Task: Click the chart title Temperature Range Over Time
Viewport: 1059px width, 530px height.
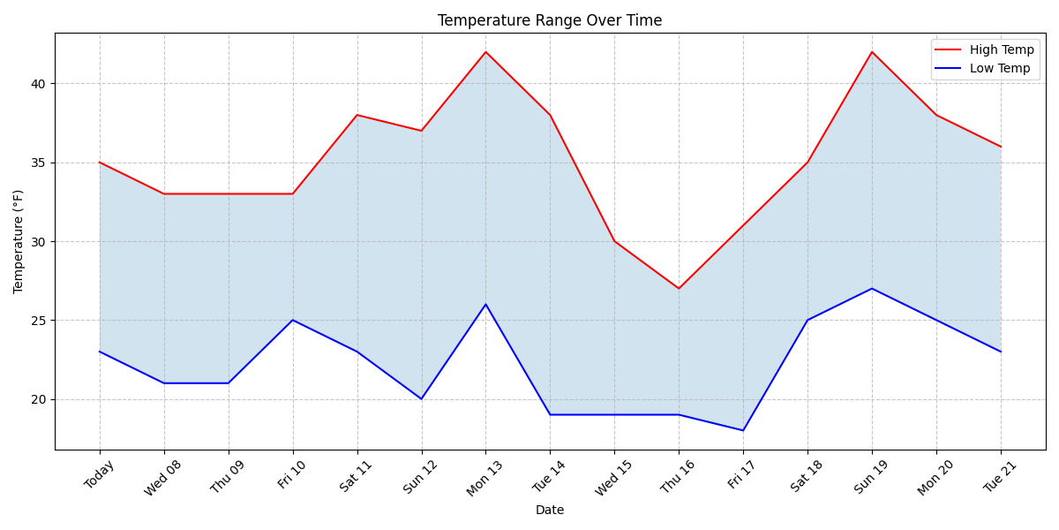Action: (x=549, y=20)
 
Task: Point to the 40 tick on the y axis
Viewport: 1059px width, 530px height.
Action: (x=39, y=84)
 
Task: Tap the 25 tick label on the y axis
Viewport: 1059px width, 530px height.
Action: (x=39, y=321)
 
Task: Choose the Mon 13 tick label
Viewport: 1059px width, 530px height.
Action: (x=482, y=479)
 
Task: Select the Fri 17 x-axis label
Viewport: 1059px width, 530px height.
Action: (x=740, y=477)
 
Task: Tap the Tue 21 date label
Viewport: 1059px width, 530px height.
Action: (x=997, y=478)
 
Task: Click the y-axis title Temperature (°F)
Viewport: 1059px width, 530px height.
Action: (x=19, y=241)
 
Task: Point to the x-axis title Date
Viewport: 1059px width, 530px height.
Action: (x=549, y=511)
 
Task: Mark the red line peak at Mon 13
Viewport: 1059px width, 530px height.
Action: (x=485, y=52)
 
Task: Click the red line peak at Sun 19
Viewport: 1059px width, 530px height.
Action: (x=872, y=52)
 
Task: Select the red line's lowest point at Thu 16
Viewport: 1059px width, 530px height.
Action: (x=679, y=288)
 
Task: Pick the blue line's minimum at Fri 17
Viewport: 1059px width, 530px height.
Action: (x=743, y=430)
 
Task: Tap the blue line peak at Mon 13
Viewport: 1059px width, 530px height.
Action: (x=485, y=305)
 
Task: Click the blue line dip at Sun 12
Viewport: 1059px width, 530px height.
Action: (x=421, y=398)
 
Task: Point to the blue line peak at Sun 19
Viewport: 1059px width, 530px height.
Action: (x=872, y=288)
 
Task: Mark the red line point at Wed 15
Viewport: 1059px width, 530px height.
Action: (x=614, y=241)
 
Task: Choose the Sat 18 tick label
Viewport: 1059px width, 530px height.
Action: (x=804, y=477)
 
